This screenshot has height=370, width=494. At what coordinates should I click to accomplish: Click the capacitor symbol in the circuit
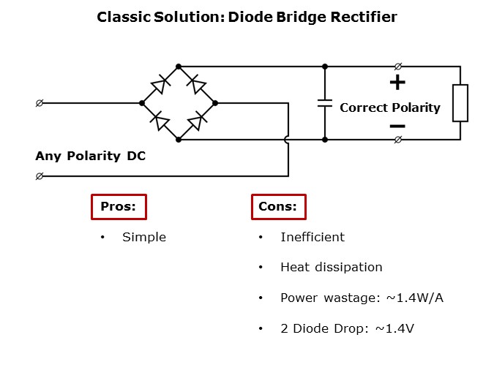coord(325,103)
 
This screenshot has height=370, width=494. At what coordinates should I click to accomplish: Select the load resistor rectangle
coord(460,103)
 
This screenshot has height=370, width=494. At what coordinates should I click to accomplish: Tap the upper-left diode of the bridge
coord(160,84)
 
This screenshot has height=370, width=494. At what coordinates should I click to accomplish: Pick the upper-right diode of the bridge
coord(197,84)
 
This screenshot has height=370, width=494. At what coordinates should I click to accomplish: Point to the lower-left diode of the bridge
coord(160,121)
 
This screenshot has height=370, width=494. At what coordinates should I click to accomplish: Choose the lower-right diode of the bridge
coord(197,121)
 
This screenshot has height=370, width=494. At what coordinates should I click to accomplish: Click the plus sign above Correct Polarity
coord(397,82)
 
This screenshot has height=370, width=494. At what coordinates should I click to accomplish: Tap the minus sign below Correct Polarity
coord(397,127)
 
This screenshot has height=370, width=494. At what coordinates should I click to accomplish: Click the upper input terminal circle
coord(40,103)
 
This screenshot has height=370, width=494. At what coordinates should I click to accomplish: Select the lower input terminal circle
coord(40,176)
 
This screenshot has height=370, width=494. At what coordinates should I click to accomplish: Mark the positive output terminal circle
coord(398,67)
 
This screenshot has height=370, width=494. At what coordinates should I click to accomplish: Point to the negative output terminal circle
coord(398,140)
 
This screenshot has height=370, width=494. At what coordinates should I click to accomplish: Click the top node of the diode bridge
coord(179,67)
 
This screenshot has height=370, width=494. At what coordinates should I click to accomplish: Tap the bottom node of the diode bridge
coord(179,140)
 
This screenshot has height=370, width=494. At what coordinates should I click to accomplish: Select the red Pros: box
coord(119,207)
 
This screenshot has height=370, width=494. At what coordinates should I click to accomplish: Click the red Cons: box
coord(279,207)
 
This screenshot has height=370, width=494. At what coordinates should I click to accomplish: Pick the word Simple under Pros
coord(144,237)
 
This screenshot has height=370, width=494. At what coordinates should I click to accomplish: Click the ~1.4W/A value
coord(415,298)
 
